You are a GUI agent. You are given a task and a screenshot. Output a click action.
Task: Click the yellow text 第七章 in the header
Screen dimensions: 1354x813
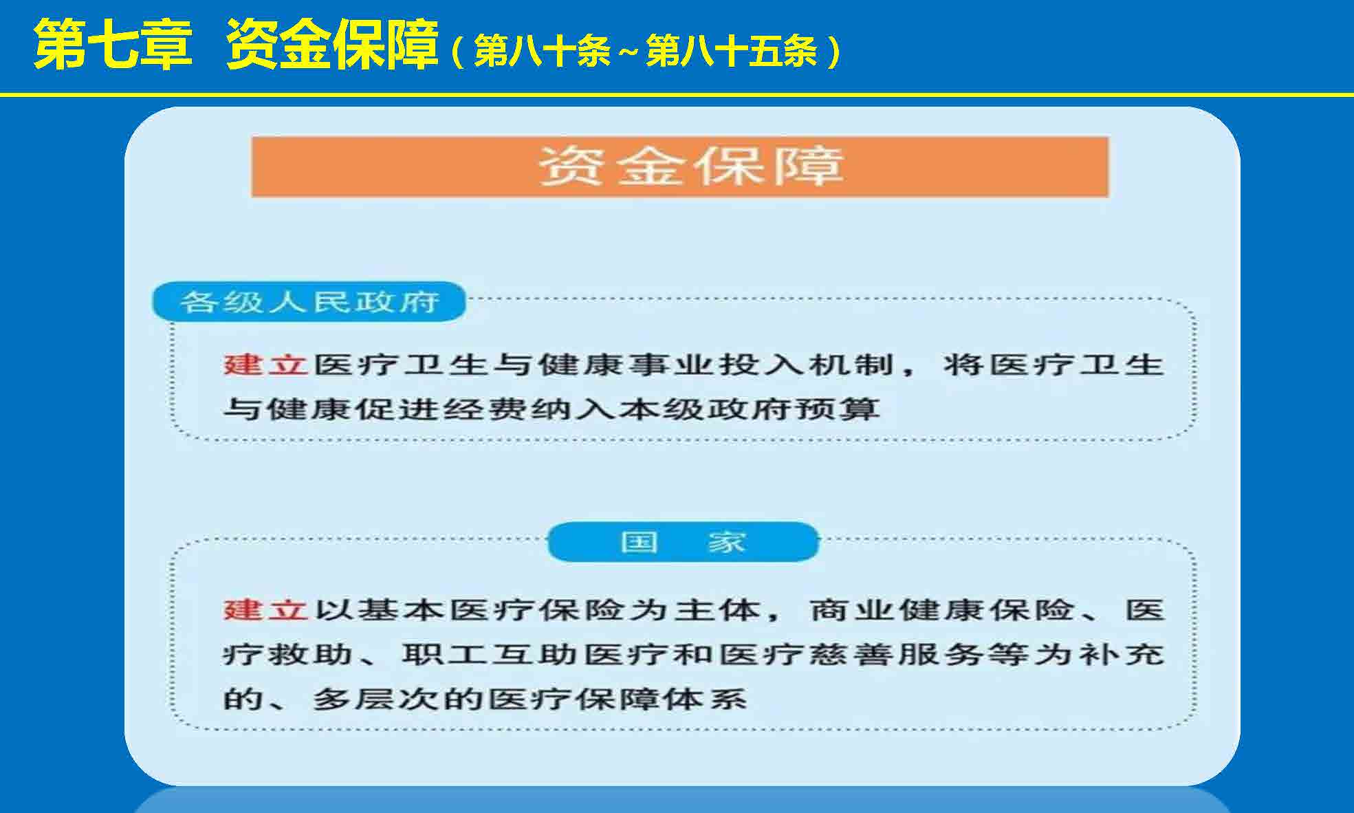click(x=113, y=45)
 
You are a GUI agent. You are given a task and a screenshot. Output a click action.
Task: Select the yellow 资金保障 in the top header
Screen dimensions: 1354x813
click(x=333, y=45)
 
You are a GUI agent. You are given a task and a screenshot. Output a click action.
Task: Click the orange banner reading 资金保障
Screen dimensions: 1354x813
click(x=679, y=167)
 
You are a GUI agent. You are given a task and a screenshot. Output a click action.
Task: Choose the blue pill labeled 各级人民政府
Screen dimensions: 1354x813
click(x=309, y=301)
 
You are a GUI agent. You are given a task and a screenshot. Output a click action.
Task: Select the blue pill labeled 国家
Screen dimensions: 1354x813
click(x=684, y=542)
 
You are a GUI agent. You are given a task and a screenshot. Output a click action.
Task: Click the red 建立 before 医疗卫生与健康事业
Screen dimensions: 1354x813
click(x=265, y=365)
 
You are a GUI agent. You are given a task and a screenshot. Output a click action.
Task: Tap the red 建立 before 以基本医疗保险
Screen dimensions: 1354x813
click(x=265, y=609)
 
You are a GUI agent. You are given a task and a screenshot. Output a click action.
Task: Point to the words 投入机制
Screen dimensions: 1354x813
click(x=805, y=365)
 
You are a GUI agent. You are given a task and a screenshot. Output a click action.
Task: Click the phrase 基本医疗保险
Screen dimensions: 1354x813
click(x=492, y=609)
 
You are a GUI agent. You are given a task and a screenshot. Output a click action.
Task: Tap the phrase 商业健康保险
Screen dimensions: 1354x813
click(x=941, y=609)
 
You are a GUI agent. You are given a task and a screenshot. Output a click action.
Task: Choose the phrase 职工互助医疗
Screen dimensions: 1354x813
click(x=536, y=654)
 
